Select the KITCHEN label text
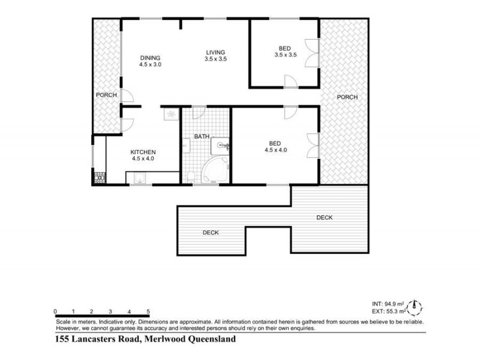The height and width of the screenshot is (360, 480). coord(143,152)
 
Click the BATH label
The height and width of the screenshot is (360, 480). coord(202,137)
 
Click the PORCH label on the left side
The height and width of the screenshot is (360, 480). coord(106,95)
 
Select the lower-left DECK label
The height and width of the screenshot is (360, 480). coord(210,233)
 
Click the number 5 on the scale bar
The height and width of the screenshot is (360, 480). coord(148,312)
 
